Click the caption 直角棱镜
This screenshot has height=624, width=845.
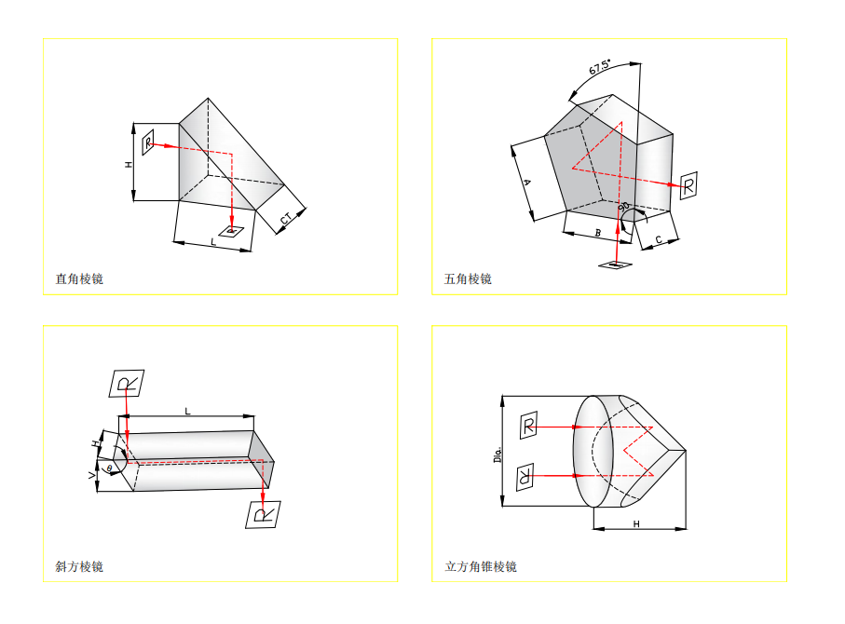[x=79, y=278]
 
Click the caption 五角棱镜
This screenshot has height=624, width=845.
[x=468, y=278]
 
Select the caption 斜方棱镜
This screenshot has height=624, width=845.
[x=79, y=566]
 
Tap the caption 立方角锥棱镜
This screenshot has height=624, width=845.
[x=481, y=566]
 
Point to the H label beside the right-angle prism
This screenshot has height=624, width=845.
[x=129, y=164]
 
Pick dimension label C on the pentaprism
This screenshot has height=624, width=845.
[x=660, y=239]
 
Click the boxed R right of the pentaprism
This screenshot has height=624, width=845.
[x=688, y=185]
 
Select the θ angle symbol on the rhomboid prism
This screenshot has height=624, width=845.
[x=109, y=467]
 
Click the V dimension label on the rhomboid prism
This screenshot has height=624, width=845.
[x=92, y=475]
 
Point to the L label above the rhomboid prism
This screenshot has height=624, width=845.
[x=187, y=410]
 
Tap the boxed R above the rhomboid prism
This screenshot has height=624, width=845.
[x=127, y=383]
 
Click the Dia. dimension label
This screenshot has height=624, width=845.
[x=497, y=454]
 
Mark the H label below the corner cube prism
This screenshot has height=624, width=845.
[x=636, y=524]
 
